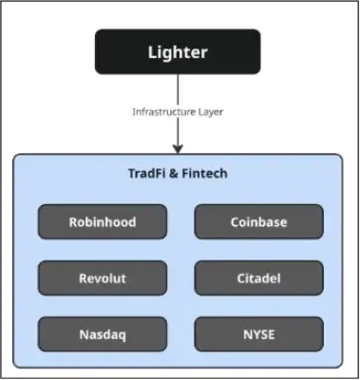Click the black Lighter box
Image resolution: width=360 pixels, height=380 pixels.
(178, 52)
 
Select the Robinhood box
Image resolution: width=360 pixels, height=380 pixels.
(102, 222)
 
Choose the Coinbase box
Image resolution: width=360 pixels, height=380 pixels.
(258, 222)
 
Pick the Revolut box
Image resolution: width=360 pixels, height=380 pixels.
(102, 278)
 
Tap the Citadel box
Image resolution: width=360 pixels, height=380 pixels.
(258, 278)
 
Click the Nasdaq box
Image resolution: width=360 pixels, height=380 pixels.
(102, 334)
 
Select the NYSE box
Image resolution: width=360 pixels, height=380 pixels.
(258, 334)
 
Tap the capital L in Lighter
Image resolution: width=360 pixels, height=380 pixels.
(152, 52)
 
